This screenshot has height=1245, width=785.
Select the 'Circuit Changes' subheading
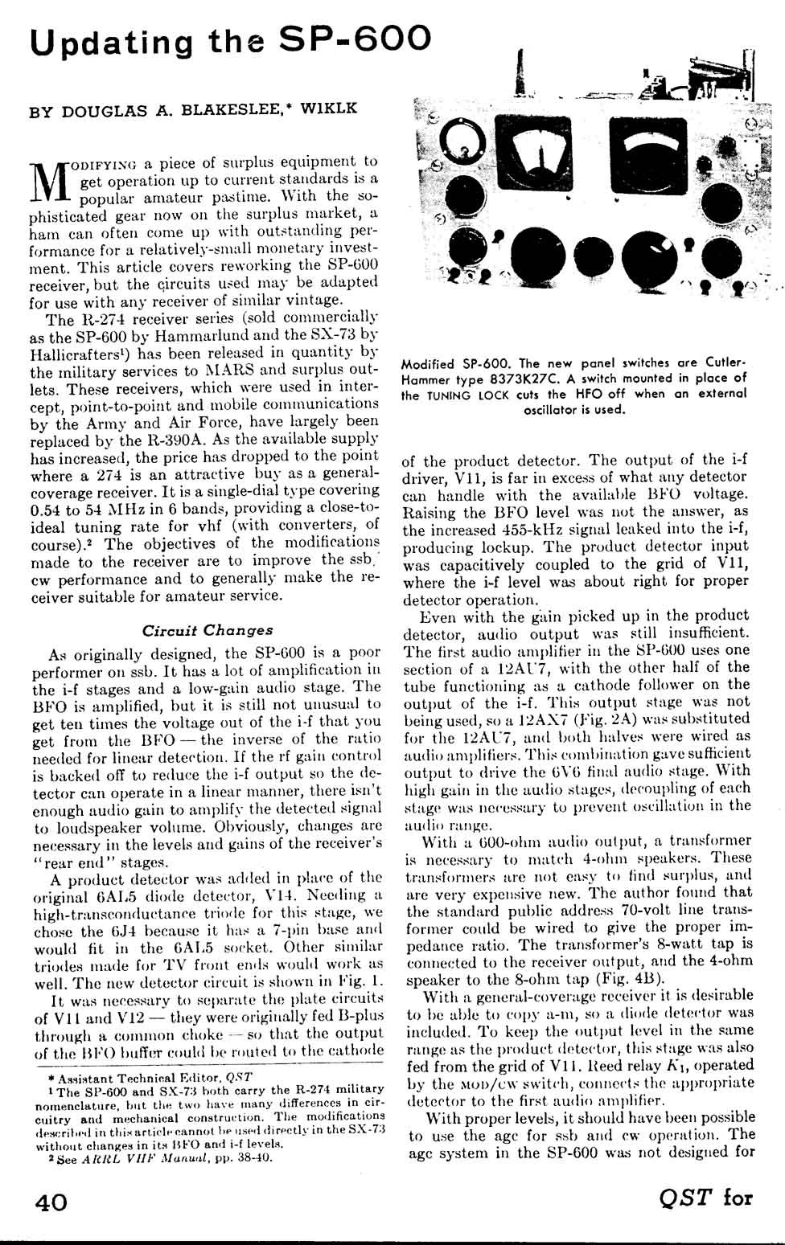pos(208,630)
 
